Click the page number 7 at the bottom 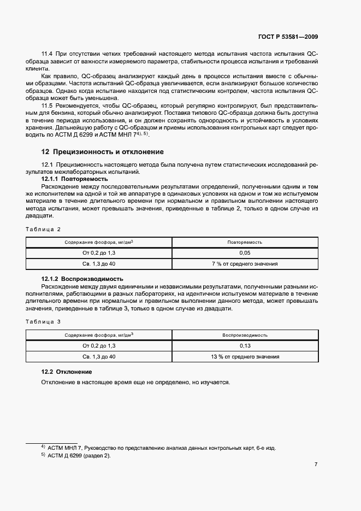316,464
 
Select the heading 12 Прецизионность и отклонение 102,152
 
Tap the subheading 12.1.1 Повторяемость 75,179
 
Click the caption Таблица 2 44,229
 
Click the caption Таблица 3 44,321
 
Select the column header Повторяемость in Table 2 245,242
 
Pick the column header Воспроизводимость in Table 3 245,335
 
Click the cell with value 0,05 245,253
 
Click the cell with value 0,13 245,346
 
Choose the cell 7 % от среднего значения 245,264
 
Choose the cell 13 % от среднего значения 245,357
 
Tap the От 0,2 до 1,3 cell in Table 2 99,253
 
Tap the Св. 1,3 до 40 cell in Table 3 99,357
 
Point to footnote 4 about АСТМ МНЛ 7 158,448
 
